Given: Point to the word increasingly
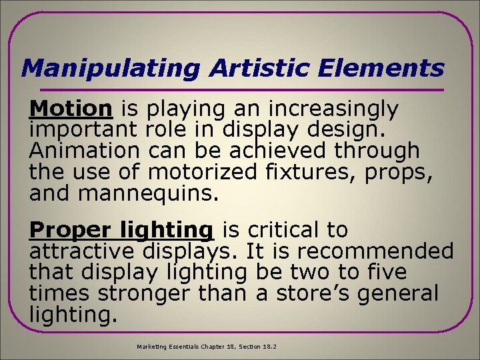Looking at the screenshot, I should tap(333, 109).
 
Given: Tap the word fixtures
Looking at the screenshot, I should tap(307, 171).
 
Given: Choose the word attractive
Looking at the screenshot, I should tap(83, 252).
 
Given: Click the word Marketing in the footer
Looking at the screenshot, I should tap(153, 347).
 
